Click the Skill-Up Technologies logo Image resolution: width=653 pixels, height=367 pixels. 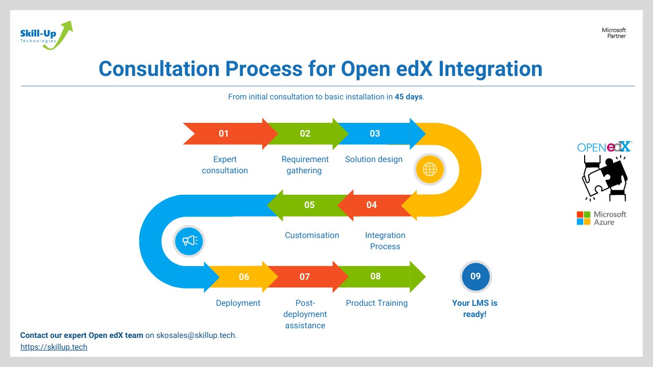[46, 36]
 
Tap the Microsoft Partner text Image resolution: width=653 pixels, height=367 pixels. [614, 33]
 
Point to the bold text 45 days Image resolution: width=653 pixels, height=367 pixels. [409, 96]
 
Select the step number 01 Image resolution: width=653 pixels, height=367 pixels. [223, 134]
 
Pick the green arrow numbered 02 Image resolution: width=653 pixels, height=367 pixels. [305, 134]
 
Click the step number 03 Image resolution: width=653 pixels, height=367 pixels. [375, 134]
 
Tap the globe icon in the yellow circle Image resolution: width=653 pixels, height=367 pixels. [430, 169]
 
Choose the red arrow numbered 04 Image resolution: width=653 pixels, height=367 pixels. [372, 205]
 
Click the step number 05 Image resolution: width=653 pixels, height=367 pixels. [309, 205]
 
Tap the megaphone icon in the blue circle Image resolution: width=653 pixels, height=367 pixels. [189, 241]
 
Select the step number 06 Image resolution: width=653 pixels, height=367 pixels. [244, 277]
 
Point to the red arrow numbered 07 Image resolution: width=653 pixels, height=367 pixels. [305, 277]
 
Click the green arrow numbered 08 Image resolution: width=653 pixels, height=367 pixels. [375, 276]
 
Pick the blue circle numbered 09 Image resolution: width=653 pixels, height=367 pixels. [475, 276]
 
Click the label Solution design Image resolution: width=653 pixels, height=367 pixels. [373, 160]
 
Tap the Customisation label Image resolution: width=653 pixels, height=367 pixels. [312, 235]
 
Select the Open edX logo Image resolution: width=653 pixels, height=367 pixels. [605, 147]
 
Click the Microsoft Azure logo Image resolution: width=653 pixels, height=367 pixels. [601, 218]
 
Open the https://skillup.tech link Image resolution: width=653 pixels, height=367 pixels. [54, 347]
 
